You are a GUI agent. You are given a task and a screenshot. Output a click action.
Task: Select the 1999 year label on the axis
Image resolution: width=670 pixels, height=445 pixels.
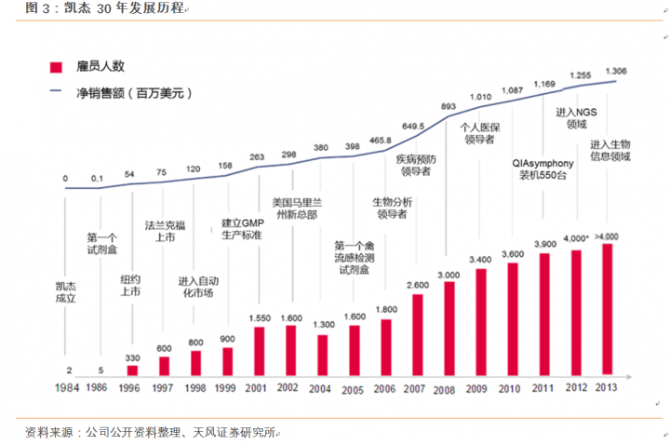tap(226, 387)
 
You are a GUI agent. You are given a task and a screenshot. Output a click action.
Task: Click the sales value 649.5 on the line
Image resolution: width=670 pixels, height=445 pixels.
tap(414, 127)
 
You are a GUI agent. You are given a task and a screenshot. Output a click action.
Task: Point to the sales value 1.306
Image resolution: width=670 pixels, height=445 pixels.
tap(615, 71)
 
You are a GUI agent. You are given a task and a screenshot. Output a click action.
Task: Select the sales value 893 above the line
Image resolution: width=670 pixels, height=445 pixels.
tap(448, 105)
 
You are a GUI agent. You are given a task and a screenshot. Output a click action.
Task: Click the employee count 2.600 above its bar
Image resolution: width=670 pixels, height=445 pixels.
tap(418, 285)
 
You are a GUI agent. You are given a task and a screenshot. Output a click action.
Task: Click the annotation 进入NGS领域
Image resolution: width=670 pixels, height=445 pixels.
tap(571, 117)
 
